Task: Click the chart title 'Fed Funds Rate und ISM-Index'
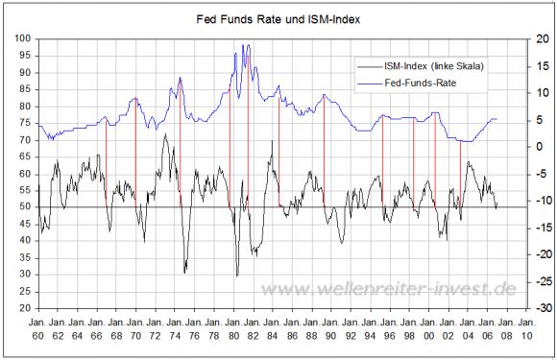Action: click(278, 19)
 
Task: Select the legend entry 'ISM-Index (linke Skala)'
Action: click(434, 66)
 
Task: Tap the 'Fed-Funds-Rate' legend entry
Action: click(421, 84)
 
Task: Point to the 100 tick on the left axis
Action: click(23, 38)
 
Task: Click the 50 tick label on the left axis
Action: click(26, 206)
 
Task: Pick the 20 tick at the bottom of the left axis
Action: click(26, 308)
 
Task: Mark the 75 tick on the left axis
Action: click(26, 123)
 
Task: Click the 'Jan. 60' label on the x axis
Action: click(37, 328)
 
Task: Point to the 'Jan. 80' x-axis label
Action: click(233, 328)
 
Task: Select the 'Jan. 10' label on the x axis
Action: click(526, 328)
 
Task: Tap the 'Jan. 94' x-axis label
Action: click(370, 328)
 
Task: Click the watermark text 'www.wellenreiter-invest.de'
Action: click(389, 289)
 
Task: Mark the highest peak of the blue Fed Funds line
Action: click(248, 44)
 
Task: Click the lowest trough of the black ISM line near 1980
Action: click(237, 276)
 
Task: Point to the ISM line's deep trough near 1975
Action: click(185, 273)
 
